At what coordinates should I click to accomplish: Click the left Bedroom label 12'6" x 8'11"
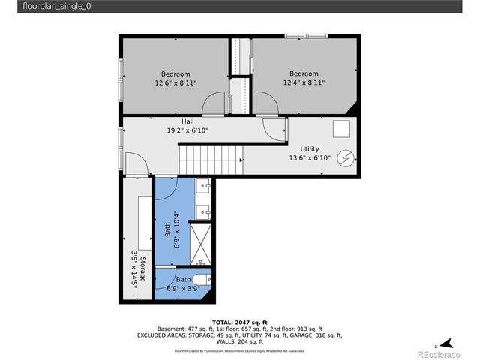click(x=175, y=79)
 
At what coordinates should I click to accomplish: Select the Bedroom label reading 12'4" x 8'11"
click(x=304, y=79)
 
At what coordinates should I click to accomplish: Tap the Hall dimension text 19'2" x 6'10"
click(x=187, y=126)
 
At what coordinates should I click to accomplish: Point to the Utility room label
click(x=310, y=154)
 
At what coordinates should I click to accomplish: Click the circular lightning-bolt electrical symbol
click(x=345, y=158)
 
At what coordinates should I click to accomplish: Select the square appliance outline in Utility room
click(x=342, y=129)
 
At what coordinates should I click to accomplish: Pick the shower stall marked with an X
click(x=199, y=241)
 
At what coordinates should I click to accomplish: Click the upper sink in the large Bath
click(x=204, y=185)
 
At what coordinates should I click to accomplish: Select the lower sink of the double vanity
click(x=204, y=211)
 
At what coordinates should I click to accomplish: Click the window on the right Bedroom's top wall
click(x=304, y=35)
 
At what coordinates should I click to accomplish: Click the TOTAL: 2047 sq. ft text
click(x=239, y=321)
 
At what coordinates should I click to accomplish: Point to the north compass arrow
click(x=443, y=341)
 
